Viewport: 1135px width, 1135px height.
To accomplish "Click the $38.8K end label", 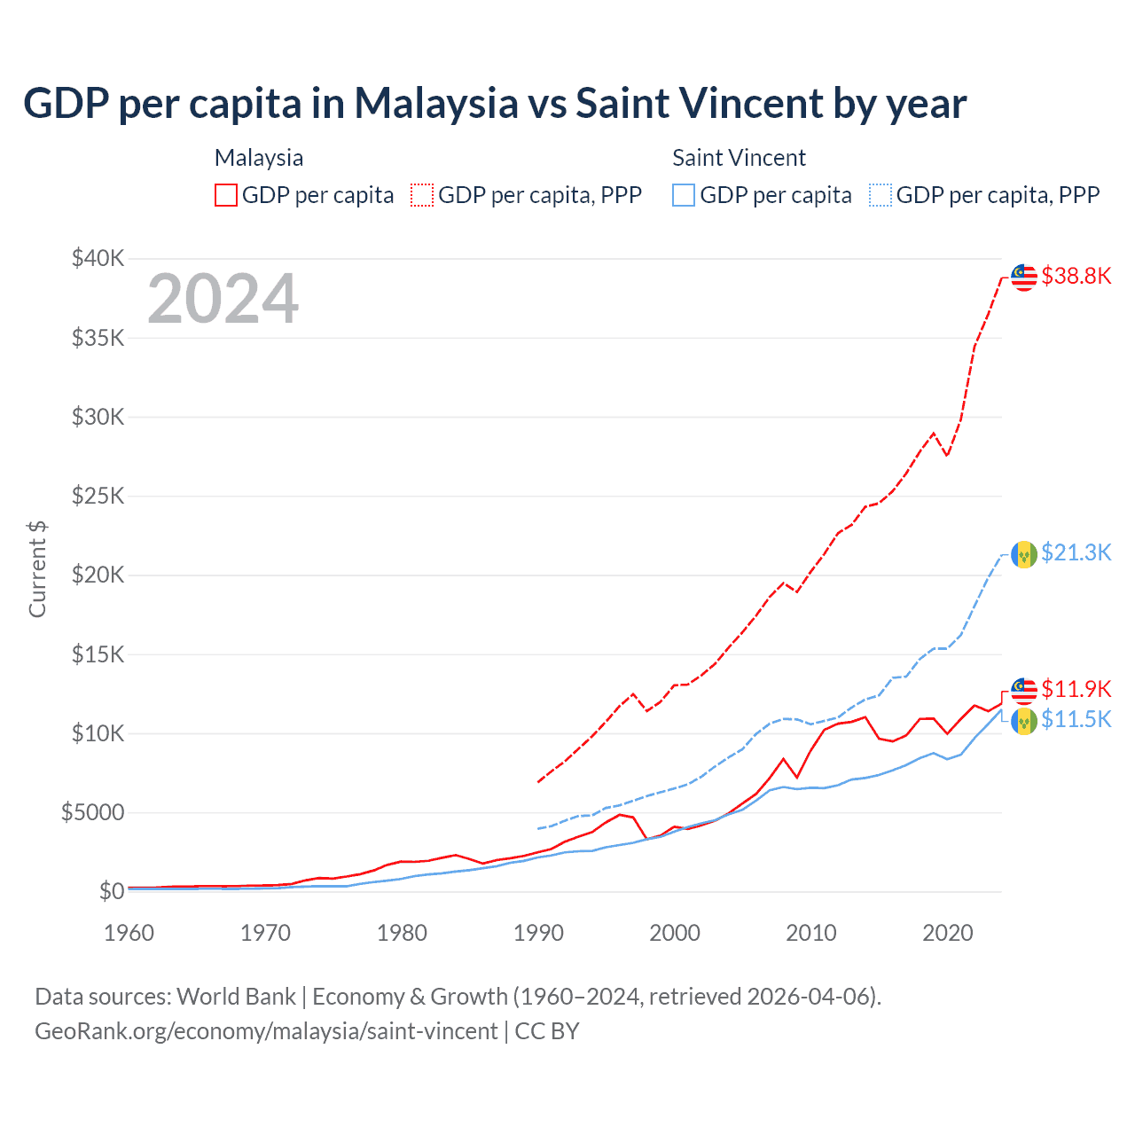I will pos(1076,276).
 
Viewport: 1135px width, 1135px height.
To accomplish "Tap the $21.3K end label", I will pos(1076,552).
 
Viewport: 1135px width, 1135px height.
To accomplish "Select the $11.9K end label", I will pos(1076,689).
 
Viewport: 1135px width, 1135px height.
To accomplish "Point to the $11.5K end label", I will pos(1076,719).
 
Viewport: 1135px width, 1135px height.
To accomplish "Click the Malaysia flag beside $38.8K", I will pos(1024,278).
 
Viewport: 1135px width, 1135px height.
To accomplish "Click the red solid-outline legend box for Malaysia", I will pos(226,195).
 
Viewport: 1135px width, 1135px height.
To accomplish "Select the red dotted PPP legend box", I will pos(422,195).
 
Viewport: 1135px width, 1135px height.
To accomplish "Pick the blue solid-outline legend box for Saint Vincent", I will pos(684,195).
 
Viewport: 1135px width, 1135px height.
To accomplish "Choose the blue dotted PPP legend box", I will pos(881,195).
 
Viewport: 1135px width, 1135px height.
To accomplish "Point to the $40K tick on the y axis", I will pos(98,259).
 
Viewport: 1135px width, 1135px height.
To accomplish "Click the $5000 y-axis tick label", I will pos(92,812).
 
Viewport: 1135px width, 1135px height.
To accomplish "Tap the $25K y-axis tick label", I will pos(98,496).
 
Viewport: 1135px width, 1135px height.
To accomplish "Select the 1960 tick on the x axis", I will pos(129,933).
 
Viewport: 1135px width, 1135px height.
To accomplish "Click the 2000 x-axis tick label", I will pos(675,933).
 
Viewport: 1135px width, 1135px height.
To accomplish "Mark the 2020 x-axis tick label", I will pos(948,933).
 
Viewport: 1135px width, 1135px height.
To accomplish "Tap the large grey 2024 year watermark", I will pos(223,299).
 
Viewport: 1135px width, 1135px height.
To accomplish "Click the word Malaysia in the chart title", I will pos(435,103).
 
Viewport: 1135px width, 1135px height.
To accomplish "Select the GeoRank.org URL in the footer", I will pos(266,1031).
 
